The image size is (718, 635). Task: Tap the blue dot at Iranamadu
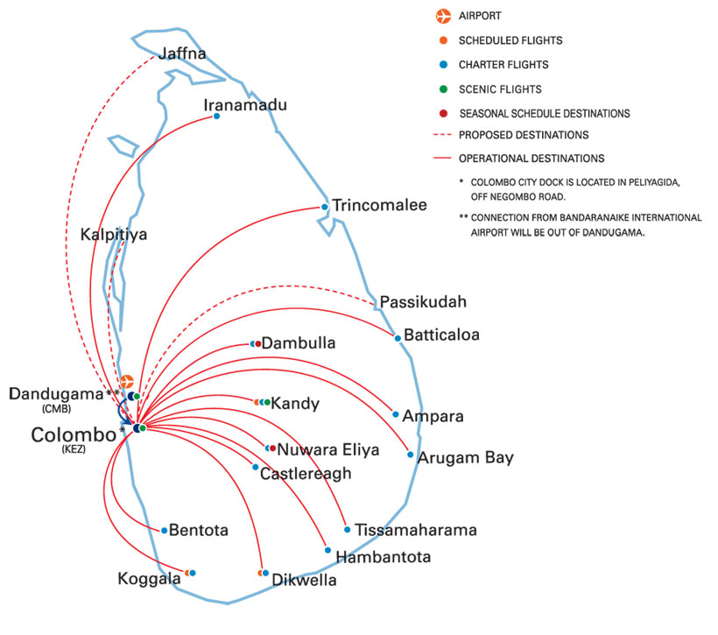pos(216,116)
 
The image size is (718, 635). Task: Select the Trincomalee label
pos(379,206)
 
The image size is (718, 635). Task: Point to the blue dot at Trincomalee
pos(325,207)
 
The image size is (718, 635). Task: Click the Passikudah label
pos(424,302)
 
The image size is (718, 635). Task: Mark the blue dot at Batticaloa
pos(398,338)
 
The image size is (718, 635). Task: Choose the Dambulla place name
pos(299,343)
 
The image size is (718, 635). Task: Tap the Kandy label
pos(295,404)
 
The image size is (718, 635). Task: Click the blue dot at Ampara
pos(396,414)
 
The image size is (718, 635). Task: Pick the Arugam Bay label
pos(466,457)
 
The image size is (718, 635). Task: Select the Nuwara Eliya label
pos(328,450)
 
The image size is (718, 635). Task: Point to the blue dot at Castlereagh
pos(256,467)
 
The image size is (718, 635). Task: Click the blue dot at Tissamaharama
pos(348,529)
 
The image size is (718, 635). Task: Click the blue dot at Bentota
pos(164,530)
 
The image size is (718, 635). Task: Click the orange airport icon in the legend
pos(443,16)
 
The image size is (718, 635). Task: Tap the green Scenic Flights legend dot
pos(444,88)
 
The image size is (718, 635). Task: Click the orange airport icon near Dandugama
pos(126,382)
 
